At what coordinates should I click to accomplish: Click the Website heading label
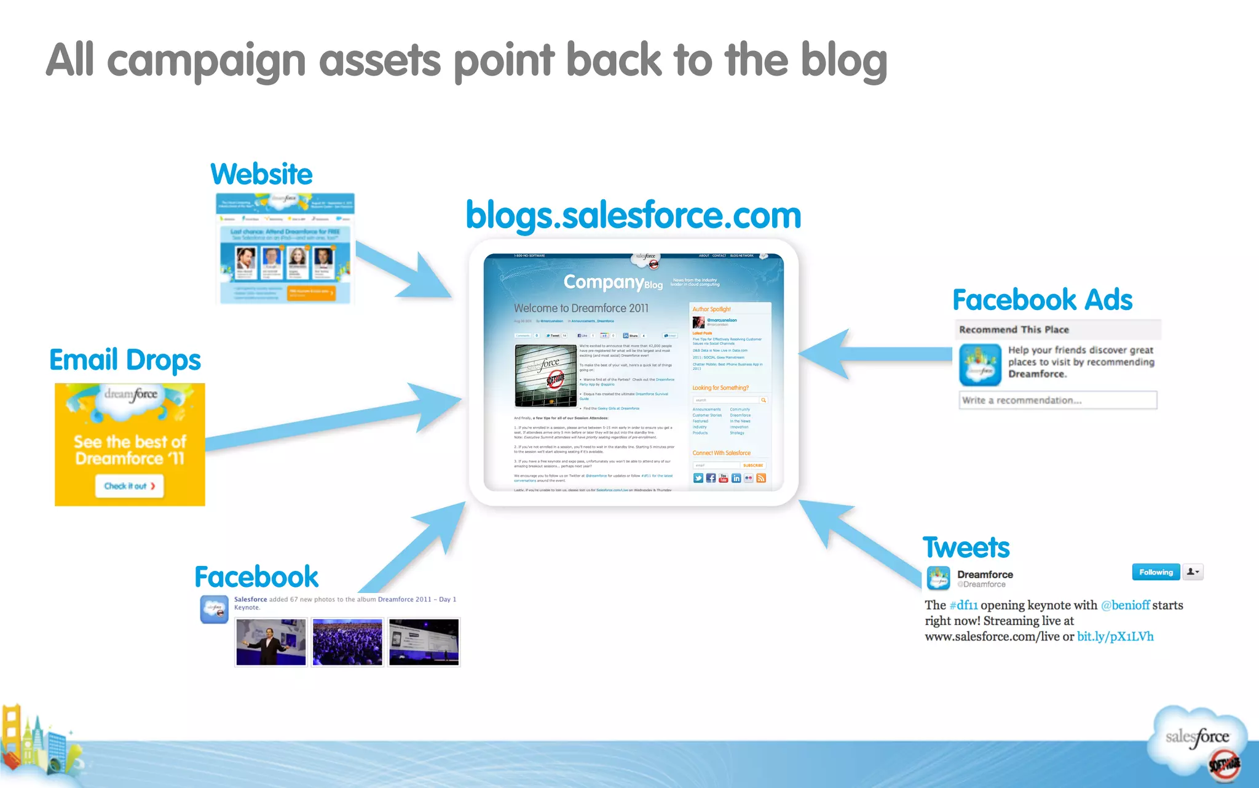click(261, 175)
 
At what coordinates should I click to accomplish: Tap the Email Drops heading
click(125, 360)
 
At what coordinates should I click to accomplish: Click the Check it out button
click(129, 486)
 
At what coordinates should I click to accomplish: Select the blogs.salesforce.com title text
click(633, 215)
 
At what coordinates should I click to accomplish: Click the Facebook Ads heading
click(1042, 300)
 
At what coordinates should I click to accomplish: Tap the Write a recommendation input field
click(1057, 400)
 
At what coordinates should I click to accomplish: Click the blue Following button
click(1156, 572)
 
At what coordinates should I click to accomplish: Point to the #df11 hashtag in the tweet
click(963, 605)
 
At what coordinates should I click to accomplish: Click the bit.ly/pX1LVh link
click(1115, 637)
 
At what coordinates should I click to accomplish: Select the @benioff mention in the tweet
click(1125, 605)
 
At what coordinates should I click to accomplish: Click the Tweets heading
click(966, 547)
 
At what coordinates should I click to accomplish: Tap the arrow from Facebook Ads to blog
click(873, 354)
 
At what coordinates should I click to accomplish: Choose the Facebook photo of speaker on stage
click(271, 642)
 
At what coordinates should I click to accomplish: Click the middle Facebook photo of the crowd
click(347, 642)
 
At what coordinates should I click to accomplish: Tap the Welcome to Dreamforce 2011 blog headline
click(581, 308)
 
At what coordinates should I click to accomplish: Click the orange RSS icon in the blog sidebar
click(761, 478)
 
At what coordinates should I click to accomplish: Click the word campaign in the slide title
click(206, 62)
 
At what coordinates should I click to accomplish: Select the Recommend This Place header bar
click(1057, 330)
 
